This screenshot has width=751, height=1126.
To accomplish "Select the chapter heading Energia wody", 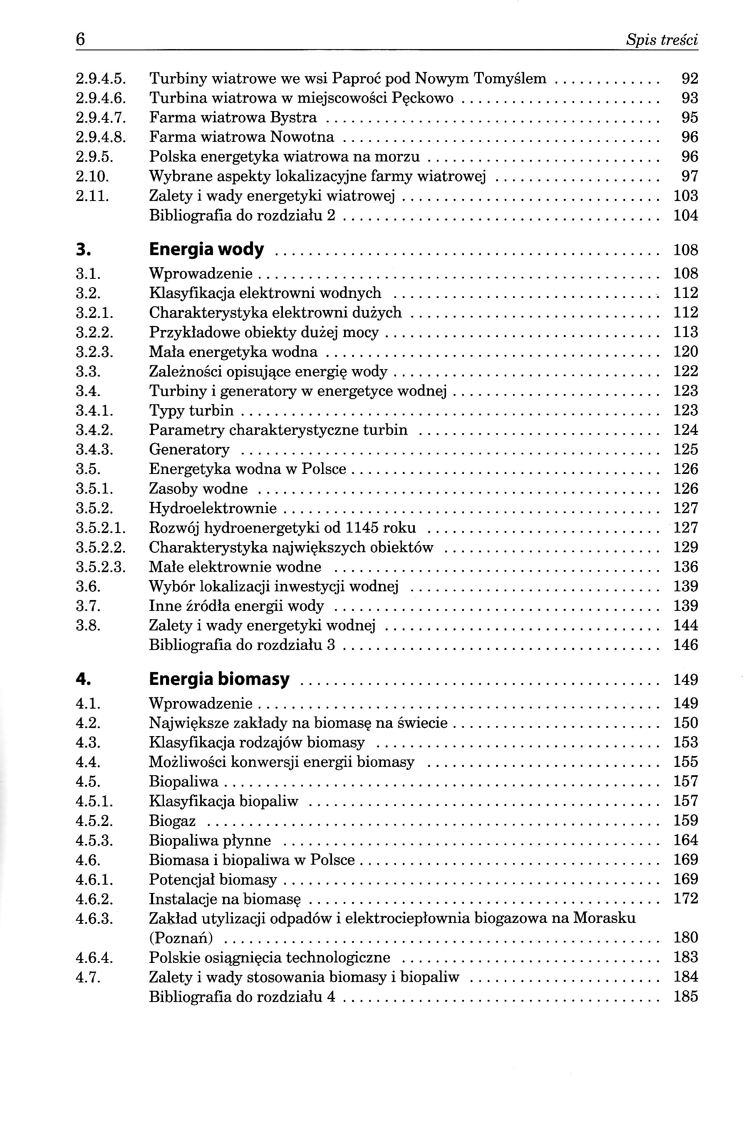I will (206, 250).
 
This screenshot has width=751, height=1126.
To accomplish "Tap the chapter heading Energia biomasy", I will (219, 679).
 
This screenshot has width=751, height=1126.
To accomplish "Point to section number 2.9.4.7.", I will (101, 117).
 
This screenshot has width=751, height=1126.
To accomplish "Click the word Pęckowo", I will (422, 98).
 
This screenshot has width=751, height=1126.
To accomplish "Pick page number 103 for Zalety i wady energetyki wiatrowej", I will (685, 196).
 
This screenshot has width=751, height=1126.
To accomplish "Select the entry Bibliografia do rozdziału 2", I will (242, 216).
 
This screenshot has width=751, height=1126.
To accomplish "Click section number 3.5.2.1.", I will (101, 528).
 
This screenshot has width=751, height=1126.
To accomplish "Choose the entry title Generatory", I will (189, 449).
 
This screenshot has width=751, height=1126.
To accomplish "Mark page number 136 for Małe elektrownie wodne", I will (685, 567).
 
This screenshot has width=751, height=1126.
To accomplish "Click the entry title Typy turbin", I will (191, 410).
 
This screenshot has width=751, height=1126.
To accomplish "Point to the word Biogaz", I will (172, 821).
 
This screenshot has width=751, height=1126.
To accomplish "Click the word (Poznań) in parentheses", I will (181, 938).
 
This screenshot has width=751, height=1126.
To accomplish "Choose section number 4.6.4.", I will (94, 957).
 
